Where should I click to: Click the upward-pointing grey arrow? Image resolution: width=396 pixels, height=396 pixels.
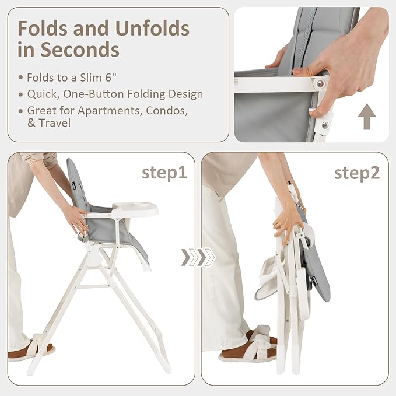pyautogui.click(x=367, y=117)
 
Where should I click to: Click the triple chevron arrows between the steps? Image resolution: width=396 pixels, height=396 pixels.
pyautogui.click(x=198, y=257)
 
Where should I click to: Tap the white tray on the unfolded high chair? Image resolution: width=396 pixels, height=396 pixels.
pyautogui.click(x=135, y=209)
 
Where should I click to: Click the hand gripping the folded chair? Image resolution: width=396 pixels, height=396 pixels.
pyautogui.click(x=287, y=222)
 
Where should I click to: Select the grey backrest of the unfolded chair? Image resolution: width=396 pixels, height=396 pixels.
pyautogui.click(x=77, y=184)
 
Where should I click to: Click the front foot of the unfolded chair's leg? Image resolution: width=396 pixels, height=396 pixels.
pyautogui.click(x=164, y=366)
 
